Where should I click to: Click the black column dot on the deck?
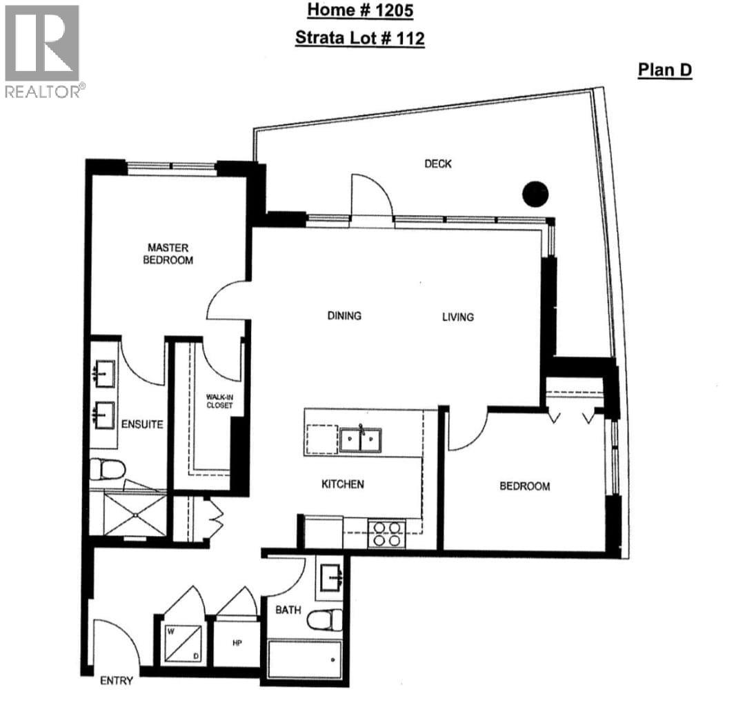[x=535, y=194]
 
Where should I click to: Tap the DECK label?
[x=438, y=163]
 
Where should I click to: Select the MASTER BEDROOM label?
[x=168, y=254]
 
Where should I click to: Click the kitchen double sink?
[x=360, y=439]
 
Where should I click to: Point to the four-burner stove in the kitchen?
[x=386, y=533]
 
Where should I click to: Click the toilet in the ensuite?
[x=107, y=470]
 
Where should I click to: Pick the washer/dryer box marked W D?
[x=183, y=644]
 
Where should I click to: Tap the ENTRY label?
[x=116, y=681]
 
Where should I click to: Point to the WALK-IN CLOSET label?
[x=220, y=401]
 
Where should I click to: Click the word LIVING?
[x=458, y=317]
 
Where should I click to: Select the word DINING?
[x=344, y=316]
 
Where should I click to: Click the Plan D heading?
[x=664, y=70]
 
